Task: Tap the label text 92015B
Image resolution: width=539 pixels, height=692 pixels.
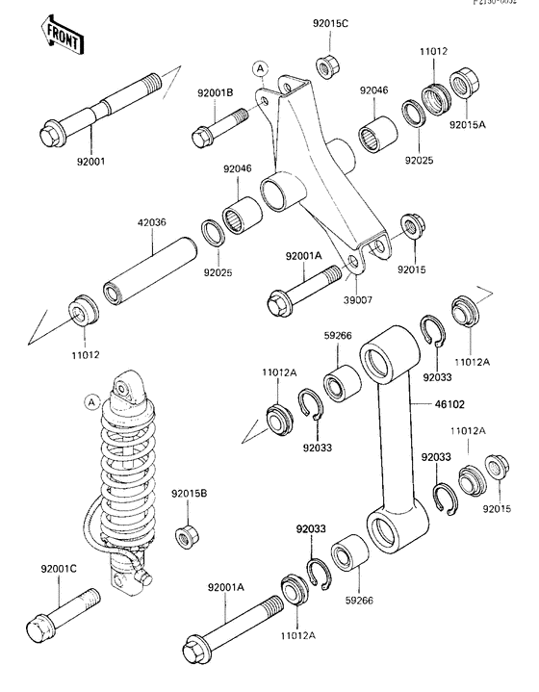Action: click(x=190, y=495)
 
